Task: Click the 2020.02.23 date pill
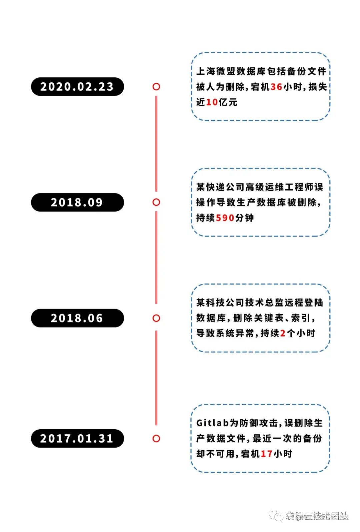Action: [77, 87]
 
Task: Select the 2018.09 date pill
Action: [77, 202]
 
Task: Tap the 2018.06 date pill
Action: [77, 318]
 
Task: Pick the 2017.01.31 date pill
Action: [77, 439]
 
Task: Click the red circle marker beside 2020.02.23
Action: [156, 87]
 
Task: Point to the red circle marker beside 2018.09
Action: [156, 202]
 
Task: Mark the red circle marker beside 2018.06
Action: [156, 318]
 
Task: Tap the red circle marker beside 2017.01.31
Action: [156, 439]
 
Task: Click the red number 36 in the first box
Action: [276, 87]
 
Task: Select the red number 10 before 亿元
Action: [212, 102]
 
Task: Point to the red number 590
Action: [225, 218]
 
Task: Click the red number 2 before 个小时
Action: [283, 334]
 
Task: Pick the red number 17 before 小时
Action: [267, 454]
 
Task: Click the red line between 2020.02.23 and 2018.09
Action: [156, 143]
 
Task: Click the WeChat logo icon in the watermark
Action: [276, 516]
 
